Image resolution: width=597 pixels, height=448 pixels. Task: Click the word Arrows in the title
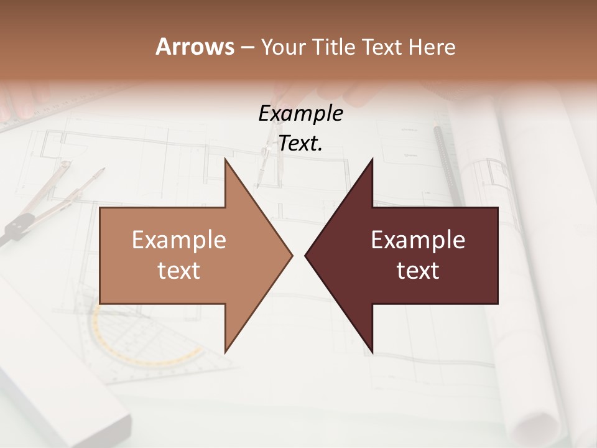(195, 47)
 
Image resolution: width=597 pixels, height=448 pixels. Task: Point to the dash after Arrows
(247, 48)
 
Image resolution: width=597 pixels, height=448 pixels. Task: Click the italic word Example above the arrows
(300, 114)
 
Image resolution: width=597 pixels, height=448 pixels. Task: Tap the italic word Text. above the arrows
(300, 144)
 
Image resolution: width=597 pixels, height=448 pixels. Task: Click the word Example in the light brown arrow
(179, 240)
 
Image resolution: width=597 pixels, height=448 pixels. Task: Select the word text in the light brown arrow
(179, 271)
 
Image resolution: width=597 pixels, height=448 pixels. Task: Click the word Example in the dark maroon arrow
(418, 240)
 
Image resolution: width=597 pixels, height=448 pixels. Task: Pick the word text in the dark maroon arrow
(418, 271)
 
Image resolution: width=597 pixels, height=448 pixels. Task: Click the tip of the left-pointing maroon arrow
(306, 255)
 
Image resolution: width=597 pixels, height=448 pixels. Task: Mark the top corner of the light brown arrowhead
(226, 160)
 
